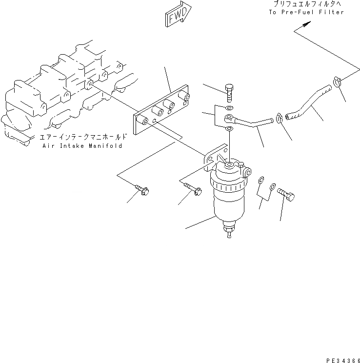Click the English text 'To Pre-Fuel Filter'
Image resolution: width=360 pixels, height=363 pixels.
coord(306,12)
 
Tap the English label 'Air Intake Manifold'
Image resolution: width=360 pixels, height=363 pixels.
coord(82,145)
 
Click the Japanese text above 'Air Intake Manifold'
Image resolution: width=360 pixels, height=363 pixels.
coord(83,138)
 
